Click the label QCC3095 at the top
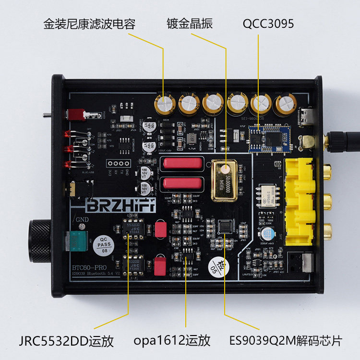[x=269, y=24]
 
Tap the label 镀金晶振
[x=189, y=24]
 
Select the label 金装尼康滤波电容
[x=89, y=24]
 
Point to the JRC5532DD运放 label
[x=67, y=341]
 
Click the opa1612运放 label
[x=172, y=341]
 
